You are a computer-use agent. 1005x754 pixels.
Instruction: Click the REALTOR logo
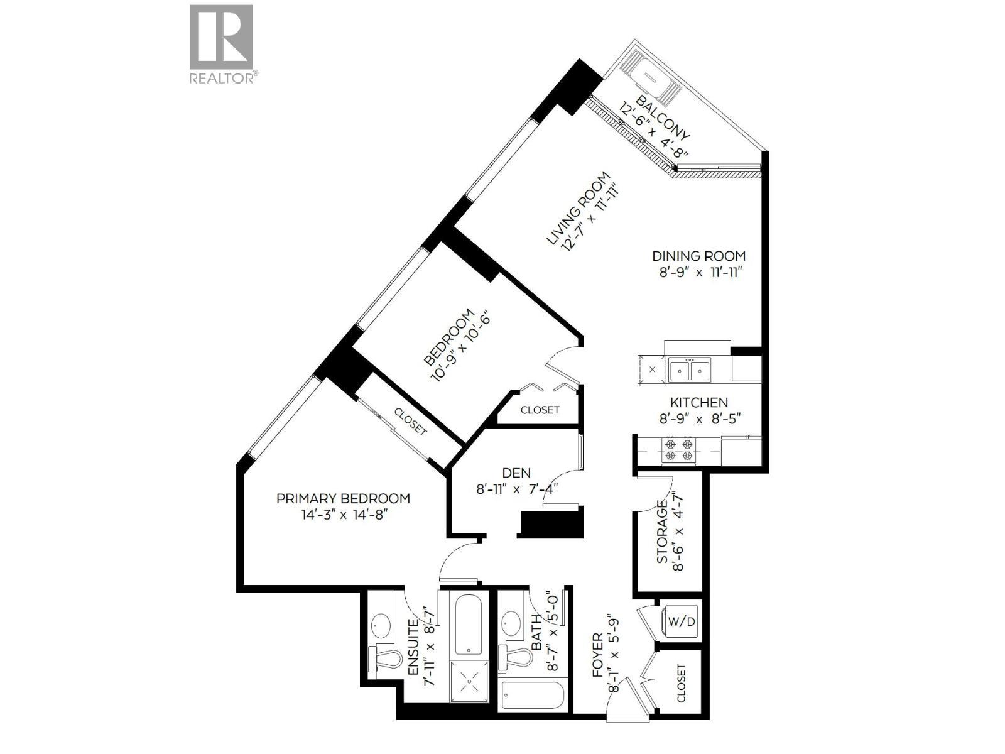tap(222, 43)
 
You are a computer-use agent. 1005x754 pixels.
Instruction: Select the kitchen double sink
tap(689, 370)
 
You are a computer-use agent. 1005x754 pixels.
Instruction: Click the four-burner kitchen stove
tap(680, 449)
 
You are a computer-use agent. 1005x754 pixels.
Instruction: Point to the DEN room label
tap(516, 473)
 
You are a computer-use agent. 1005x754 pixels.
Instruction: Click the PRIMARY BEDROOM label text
tap(343, 498)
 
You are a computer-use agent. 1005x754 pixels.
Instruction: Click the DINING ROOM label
tap(698, 256)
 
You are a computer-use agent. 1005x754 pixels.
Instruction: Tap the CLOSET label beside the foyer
tap(682, 683)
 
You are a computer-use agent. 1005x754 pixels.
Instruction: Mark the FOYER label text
tap(597, 655)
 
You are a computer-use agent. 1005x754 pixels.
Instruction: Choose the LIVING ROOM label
tap(578, 209)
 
